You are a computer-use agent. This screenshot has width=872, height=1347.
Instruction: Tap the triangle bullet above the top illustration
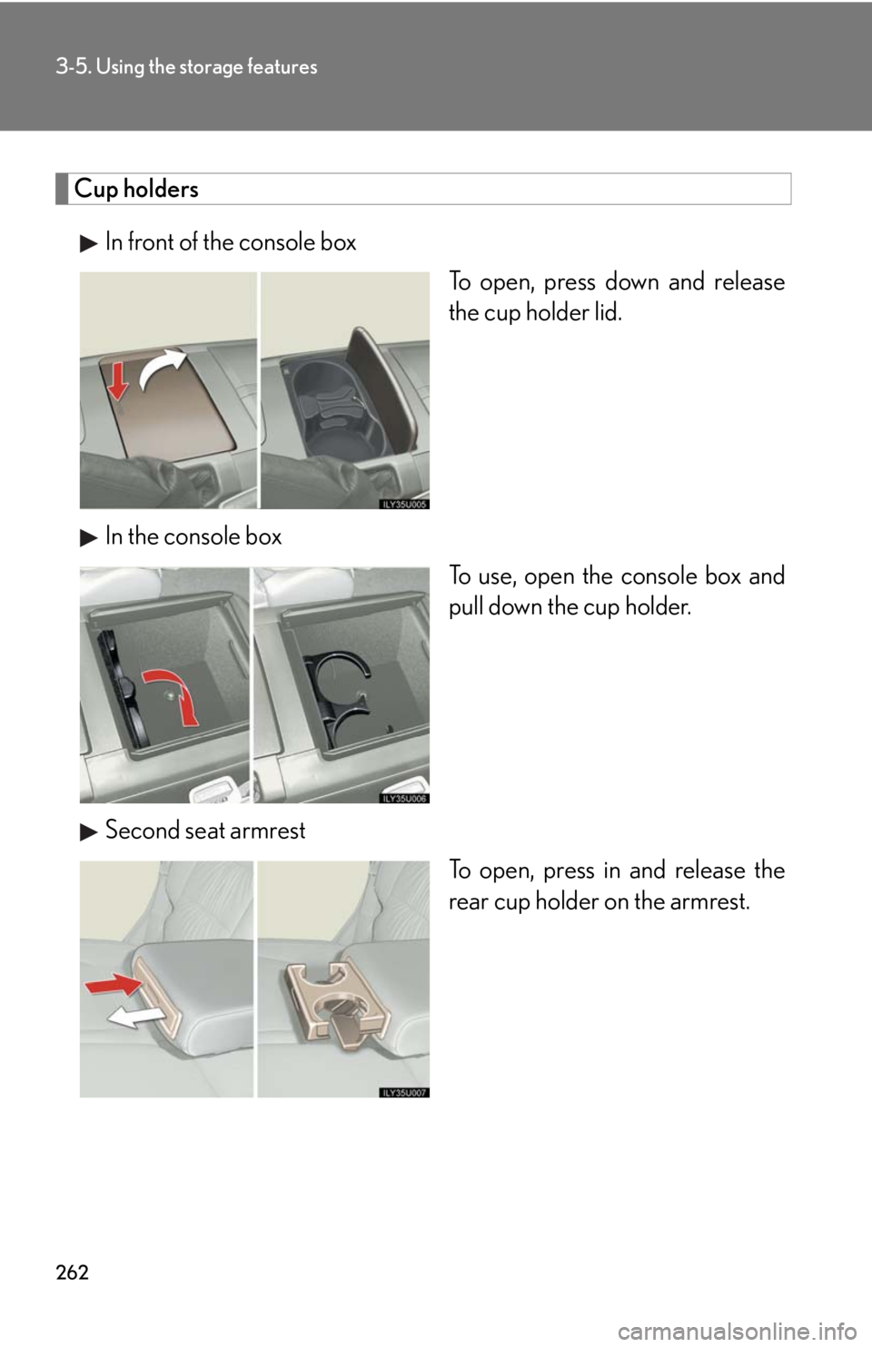coord(89,243)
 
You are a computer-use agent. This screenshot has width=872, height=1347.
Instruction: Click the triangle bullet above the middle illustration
coord(89,538)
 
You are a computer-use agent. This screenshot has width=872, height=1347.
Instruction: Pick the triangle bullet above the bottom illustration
coord(89,831)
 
